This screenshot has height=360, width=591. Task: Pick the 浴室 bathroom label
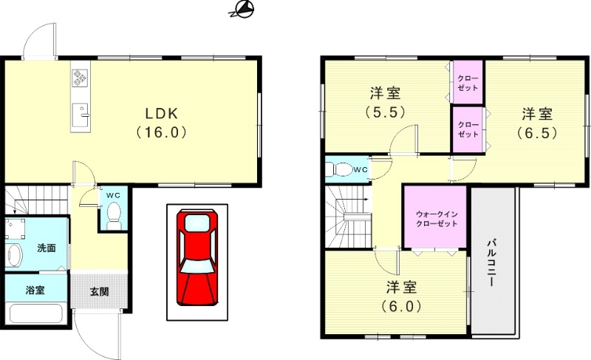tap(35, 290)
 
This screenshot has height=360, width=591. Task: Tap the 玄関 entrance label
tap(100, 291)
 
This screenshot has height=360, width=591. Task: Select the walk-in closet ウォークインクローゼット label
tap(435, 218)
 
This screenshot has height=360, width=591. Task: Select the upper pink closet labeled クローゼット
tap(467, 83)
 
